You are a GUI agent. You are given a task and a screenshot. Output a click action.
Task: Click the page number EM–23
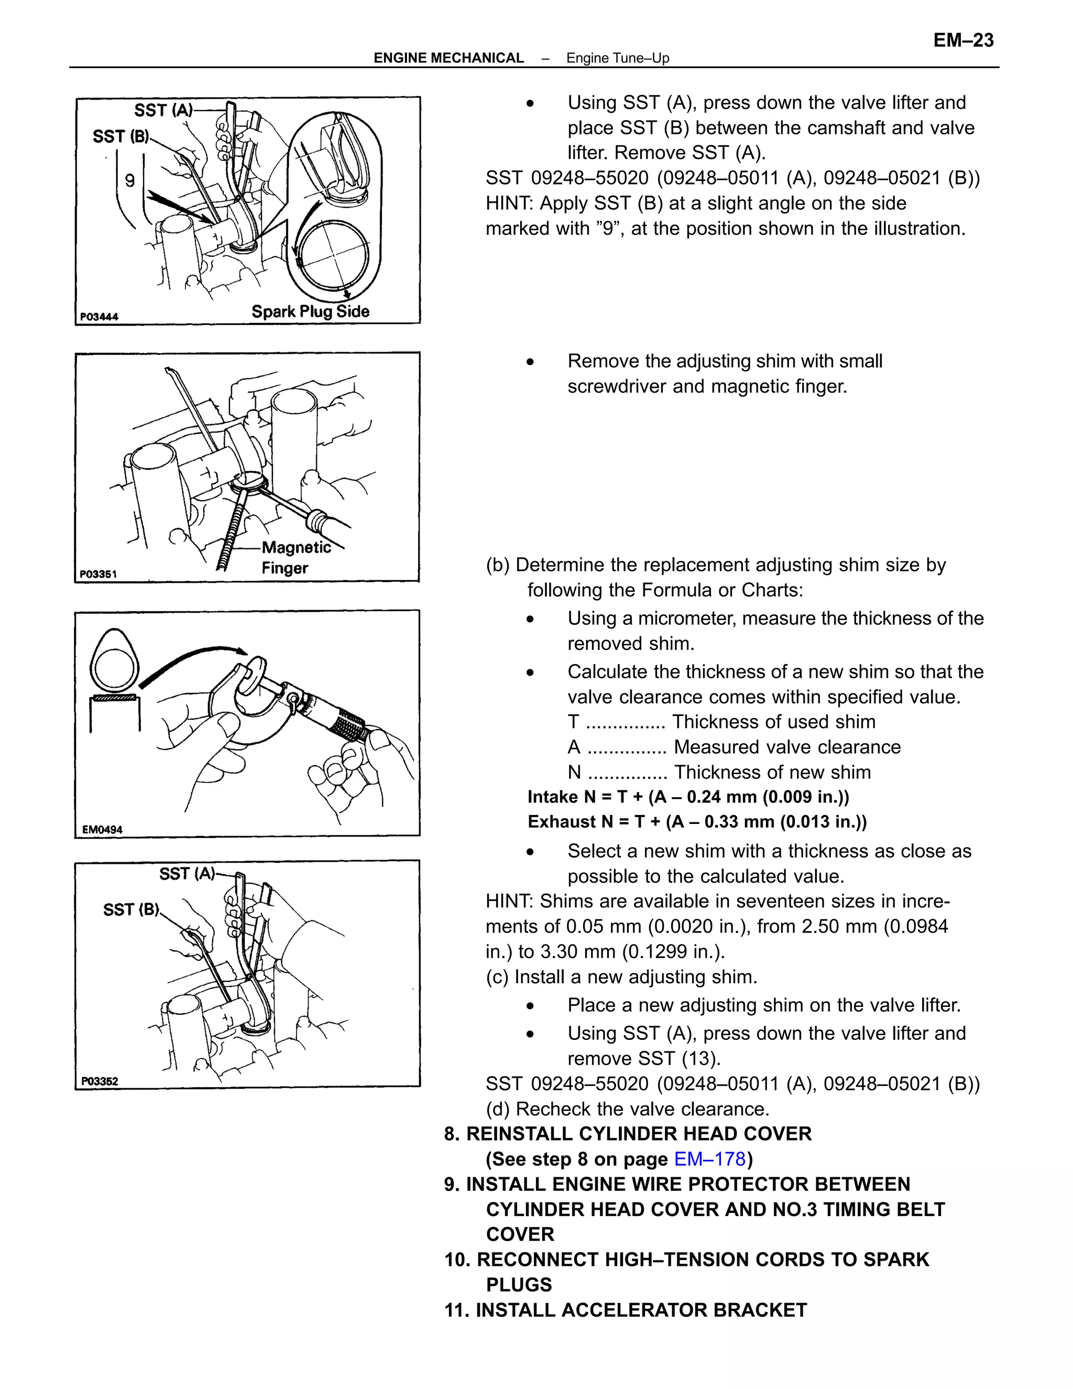pos(962,40)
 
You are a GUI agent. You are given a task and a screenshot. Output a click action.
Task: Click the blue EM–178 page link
pos(709,1159)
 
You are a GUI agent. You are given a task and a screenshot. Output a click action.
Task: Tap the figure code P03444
pos(99,317)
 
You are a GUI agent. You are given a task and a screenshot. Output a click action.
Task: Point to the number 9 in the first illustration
pos(130,181)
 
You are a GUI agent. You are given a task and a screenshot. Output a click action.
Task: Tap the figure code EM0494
pos(102,829)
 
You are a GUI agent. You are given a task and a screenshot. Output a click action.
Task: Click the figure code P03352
pos(100,1081)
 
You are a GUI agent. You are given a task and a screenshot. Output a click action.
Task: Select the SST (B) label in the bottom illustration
pos(131,909)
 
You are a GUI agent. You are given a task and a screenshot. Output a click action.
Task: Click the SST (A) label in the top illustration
pos(163,110)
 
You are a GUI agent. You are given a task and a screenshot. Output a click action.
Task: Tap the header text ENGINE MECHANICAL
pos(448,58)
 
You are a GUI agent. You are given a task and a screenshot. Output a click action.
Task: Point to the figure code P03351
pos(98,573)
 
